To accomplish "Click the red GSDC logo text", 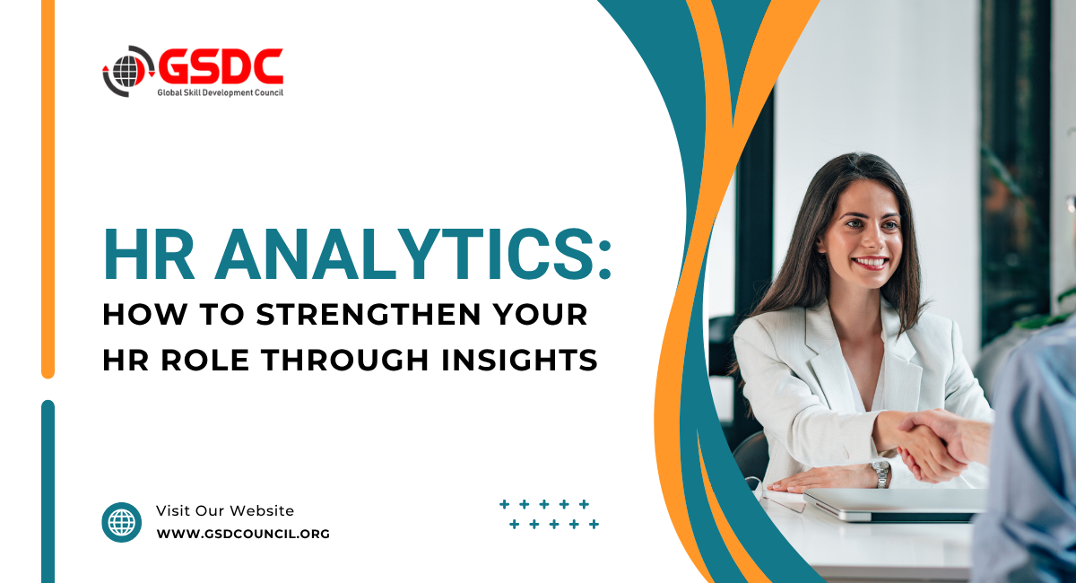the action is click(221, 66).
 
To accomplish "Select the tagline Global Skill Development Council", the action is click(220, 92).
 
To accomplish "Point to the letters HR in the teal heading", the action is click(149, 254).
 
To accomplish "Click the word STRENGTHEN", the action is click(369, 314).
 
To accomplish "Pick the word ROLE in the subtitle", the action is click(205, 360).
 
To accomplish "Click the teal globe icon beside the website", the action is click(122, 522).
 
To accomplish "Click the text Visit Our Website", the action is click(225, 510).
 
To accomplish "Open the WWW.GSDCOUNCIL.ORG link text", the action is click(243, 534).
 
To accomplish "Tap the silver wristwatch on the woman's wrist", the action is click(881, 474).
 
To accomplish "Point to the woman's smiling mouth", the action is click(870, 263).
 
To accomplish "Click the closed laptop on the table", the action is click(893, 505).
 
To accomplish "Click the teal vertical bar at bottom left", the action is click(48, 492).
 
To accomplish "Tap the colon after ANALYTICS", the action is click(604, 260).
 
